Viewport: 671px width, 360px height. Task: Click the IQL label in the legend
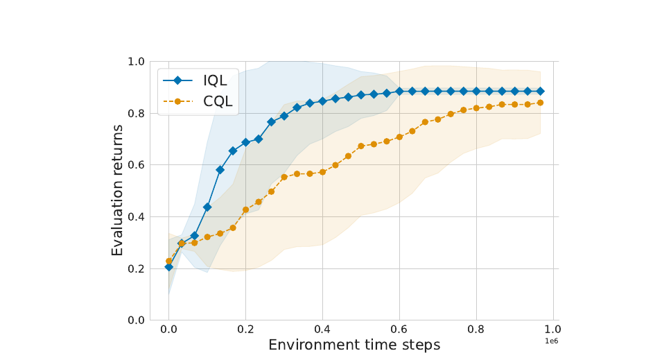point(215,80)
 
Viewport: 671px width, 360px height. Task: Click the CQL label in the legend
point(218,101)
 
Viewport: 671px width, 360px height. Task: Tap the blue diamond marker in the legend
point(177,80)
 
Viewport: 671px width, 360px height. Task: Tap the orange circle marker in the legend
point(177,101)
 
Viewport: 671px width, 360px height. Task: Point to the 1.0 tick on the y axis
point(136,62)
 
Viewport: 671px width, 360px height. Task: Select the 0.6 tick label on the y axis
point(136,165)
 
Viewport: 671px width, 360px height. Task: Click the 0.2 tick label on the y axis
point(136,269)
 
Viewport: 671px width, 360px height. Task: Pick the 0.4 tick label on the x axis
point(322,329)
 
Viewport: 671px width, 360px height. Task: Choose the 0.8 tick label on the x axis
point(476,329)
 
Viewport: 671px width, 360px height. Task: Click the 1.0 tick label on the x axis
point(553,329)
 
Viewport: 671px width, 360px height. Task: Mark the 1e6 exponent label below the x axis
point(552,341)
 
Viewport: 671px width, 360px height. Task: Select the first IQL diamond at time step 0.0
point(168,267)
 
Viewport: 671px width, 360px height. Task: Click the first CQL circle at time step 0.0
point(168,261)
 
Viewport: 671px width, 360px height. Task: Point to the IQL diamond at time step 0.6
point(400,91)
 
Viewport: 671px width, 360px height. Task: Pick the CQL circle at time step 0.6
point(399,137)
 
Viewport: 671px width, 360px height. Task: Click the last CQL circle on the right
point(540,103)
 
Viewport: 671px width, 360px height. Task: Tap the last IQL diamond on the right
point(541,91)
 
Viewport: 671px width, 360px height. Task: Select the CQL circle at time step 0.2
point(245,209)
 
